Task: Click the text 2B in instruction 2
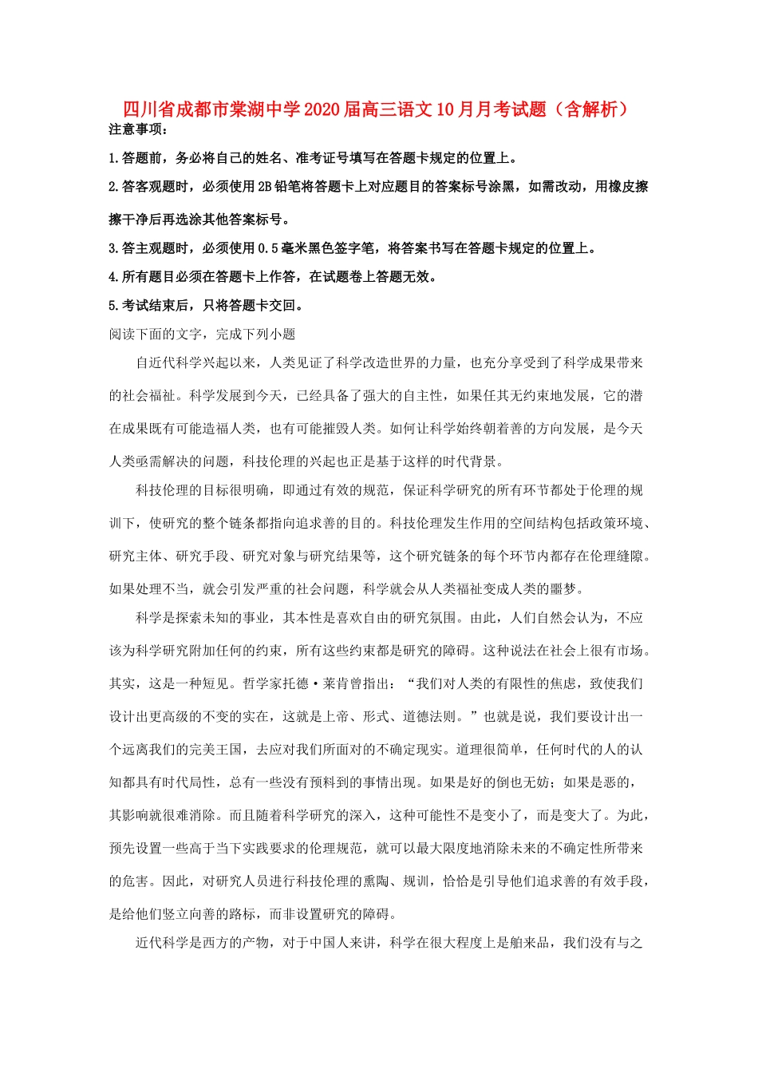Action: click(264, 187)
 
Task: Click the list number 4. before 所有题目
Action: click(114, 277)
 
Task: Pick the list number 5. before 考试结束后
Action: click(114, 306)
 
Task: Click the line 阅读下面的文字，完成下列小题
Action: click(202, 335)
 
